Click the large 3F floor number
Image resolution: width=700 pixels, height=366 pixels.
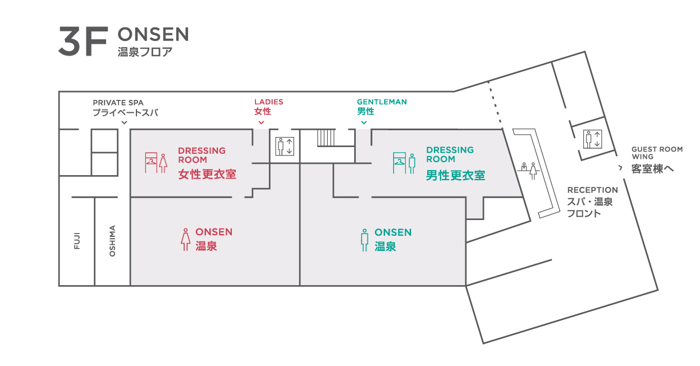click(x=82, y=41)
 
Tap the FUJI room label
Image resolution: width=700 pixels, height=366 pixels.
click(x=77, y=241)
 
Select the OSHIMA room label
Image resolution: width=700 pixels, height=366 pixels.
click(x=112, y=241)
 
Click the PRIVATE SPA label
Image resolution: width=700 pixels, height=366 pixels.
click(x=118, y=103)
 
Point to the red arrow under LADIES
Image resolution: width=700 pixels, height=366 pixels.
click(x=261, y=122)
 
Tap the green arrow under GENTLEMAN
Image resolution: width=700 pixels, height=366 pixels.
click(x=364, y=122)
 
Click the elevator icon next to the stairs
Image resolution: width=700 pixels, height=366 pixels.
click(x=285, y=146)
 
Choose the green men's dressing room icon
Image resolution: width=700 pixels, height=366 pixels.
click(x=404, y=162)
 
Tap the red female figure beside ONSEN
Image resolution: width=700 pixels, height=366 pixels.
click(x=185, y=239)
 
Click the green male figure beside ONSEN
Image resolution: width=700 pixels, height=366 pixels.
click(x=365, y=239)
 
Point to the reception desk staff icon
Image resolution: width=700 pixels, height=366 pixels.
click(x=529, y=170)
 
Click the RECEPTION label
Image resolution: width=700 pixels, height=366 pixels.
click(x=592, y=190)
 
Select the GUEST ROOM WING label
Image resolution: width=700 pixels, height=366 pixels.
click(x=657, y=153)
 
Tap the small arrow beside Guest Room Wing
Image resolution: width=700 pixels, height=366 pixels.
click(x=620, y=168)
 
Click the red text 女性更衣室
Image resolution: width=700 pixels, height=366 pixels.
click(x=207, y=174)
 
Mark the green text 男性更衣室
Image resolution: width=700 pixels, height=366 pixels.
click(x=455, y=175)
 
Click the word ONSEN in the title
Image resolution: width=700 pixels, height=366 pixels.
click(x=153, y=35)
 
